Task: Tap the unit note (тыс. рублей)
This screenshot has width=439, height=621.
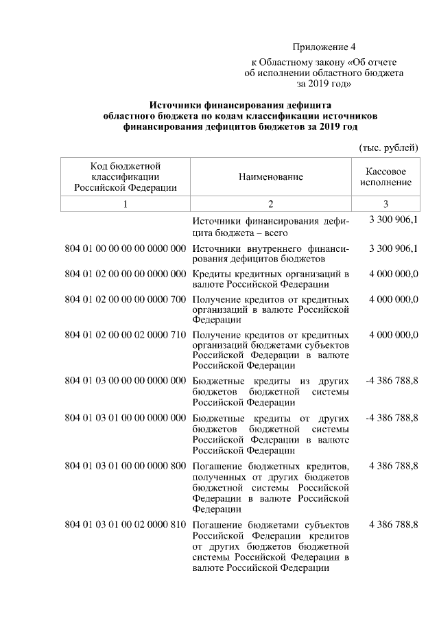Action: pos(389,147)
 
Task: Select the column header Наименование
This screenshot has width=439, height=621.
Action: pos(270,177)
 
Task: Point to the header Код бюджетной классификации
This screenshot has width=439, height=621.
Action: pos(125,177)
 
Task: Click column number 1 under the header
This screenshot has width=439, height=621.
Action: pos(125,204)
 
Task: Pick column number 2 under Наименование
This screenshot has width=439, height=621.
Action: pos(270,204)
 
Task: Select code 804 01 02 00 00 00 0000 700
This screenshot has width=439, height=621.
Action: pos(125,299)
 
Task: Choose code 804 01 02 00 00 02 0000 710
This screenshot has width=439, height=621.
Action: pos(125,334)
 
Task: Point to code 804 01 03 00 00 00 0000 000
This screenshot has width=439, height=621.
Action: pos(125,380)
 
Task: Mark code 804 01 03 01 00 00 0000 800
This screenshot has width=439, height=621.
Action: pos(125,467)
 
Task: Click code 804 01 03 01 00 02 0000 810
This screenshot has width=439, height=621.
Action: pos(125,525)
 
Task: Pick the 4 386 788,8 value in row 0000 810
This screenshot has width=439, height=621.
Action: pos(393,525)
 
